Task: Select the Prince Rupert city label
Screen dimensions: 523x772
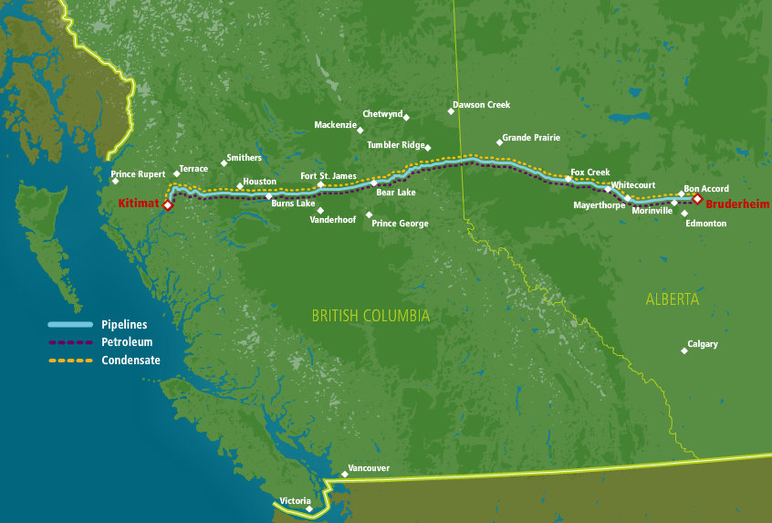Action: [138, 173]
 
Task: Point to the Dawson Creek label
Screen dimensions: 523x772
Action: [482, 105]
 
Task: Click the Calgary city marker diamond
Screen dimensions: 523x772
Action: [684, 350]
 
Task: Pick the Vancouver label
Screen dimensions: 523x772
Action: [369, 468]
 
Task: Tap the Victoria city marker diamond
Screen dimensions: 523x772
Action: [309, 509]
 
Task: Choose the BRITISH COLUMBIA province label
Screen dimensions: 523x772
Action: [370, 316]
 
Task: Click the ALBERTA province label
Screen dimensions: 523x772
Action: [673, 299]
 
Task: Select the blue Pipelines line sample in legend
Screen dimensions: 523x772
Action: [70, 325]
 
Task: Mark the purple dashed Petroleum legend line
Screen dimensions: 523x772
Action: [70, 342]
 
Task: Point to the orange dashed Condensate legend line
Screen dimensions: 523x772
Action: [70, 361]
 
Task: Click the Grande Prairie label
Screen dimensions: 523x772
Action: [531, 138]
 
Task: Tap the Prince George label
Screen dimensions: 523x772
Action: [400, 224]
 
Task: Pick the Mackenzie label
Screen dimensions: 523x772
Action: [335, 125]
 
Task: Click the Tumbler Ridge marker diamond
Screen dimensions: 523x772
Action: [428, 147]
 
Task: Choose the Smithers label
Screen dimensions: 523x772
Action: [244, 158]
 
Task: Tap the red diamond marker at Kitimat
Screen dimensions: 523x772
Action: [168, 206]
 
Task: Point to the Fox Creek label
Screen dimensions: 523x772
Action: [589, 172]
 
